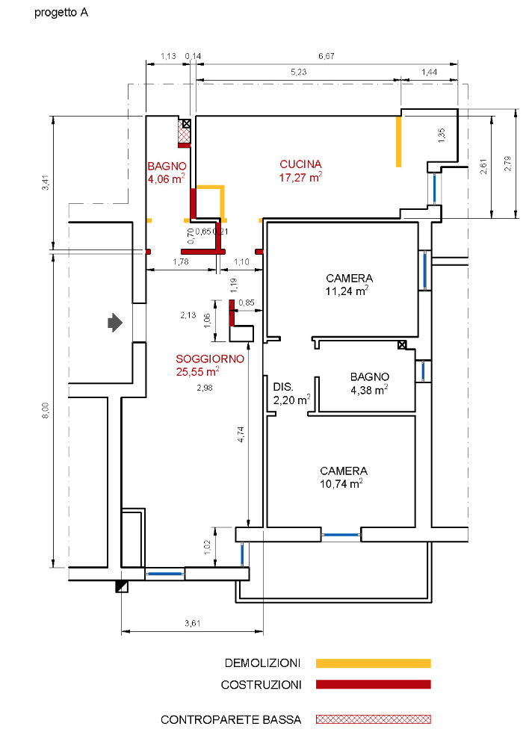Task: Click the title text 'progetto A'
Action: click(x=61, y=13)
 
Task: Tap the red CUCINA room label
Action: click(x=300, y=164)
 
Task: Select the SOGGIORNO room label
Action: click(x=210, y=359)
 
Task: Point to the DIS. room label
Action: click(x=283, y=387)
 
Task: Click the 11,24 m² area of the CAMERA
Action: click(x=347, y=291)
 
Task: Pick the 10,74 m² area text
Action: click(x=341, y=483)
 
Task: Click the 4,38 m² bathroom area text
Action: click(x=369, y=390)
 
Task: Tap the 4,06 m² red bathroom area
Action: click(x=166, y=179)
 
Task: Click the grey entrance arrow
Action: click(x=115, y=323)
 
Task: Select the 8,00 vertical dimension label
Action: click(x=46, y=411)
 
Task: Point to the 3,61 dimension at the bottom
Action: click(x=193, y=623)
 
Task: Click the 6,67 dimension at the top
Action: click(x=327, y=56)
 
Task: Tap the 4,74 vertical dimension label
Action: click(x=241, y=434)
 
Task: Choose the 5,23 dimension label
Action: click(x=299, y=72)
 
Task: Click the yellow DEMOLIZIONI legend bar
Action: click(x=374, y=663)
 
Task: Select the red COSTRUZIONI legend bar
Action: click(x=374, y=684)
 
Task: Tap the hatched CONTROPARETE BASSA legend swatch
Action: click(x=374, y=719)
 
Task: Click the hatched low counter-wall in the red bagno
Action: click(x=184, y=131)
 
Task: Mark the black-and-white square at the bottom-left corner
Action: click(x=122, y=586)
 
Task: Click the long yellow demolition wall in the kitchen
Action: click(x=398, y=141)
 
